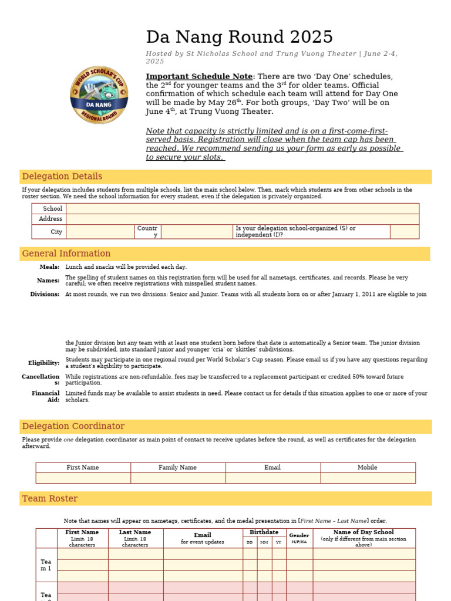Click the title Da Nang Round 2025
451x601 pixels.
click(239, 38)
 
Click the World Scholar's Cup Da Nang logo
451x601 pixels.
click(99, 94)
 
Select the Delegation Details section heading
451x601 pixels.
click(62, 177)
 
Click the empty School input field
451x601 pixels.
click(242, 208)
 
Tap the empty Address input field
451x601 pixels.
click(242, 219)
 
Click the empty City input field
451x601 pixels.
click(100, 232)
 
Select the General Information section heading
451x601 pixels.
click(66, 254)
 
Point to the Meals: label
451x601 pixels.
click(49, 267)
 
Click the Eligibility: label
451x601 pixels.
click(43, 363)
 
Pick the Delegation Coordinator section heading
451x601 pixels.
click(73, 426)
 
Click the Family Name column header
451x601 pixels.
click(177, 468)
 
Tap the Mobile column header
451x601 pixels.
click(368, 468)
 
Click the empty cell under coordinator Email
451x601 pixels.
click(272, 478)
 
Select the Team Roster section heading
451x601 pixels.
click(49, 499)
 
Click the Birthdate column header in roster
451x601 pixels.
click(264, 532)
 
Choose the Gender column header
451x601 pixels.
click(299, 535)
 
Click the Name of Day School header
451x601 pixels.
click(364, 532)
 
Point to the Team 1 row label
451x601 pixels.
click(46, 565)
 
